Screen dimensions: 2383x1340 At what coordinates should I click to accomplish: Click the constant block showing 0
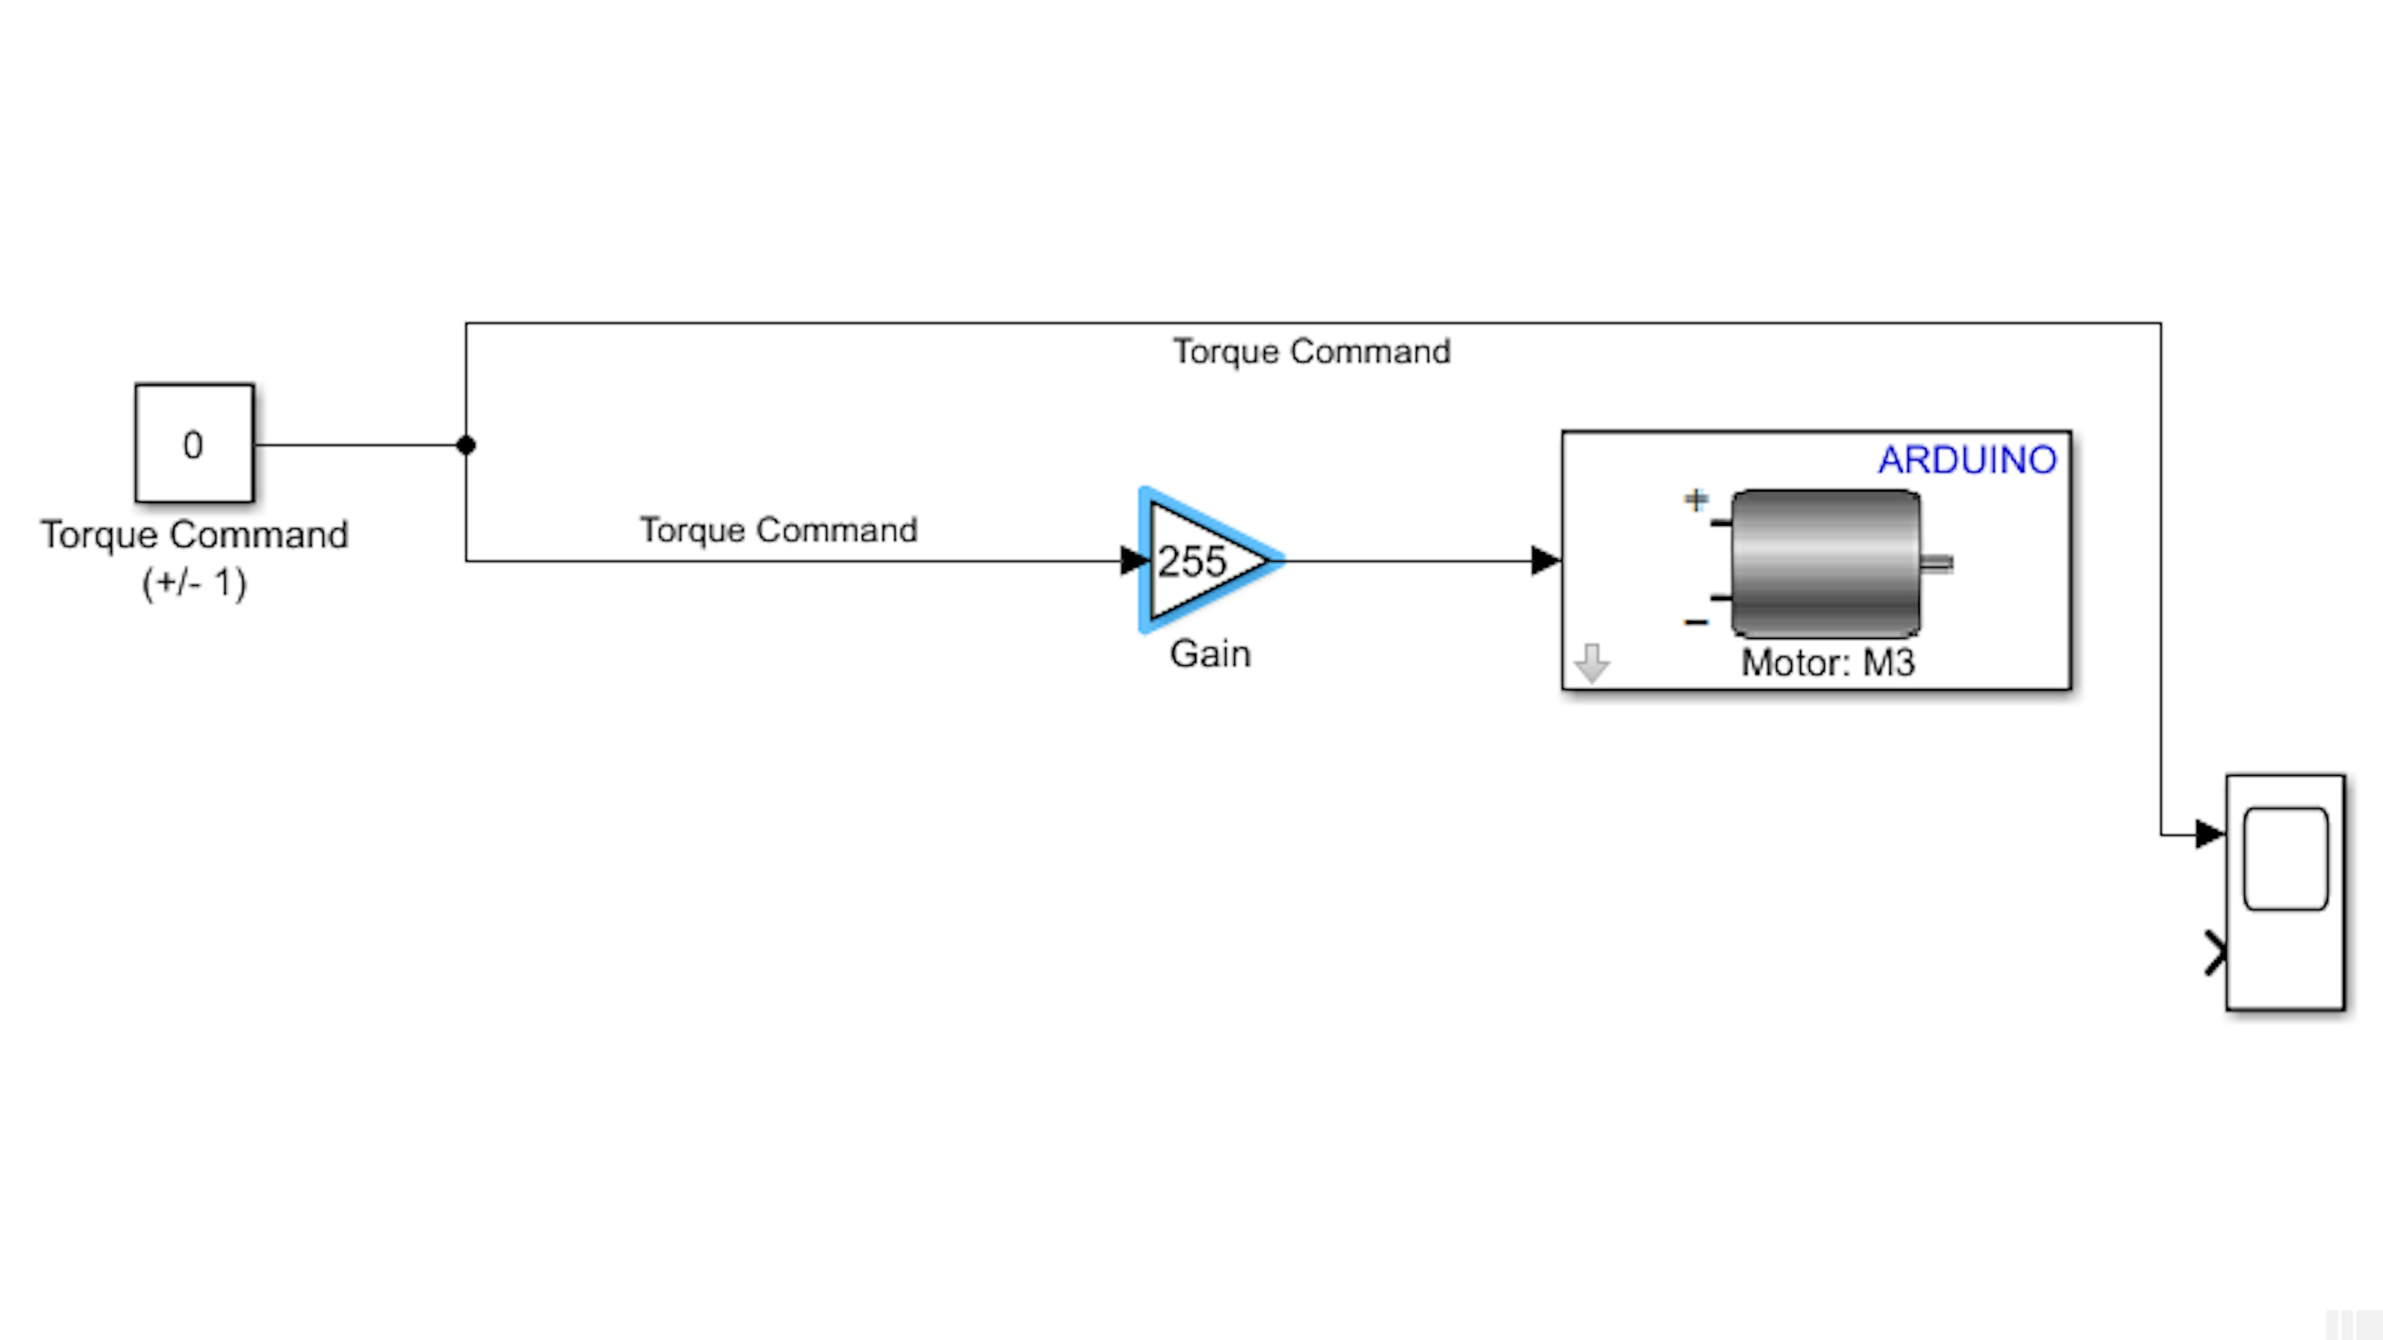[194, 444]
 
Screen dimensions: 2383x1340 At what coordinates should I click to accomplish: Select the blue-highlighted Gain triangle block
[1203, 560]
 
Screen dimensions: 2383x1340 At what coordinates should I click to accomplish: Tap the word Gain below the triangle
[1210, 654]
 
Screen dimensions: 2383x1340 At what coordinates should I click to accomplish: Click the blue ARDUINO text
[1967, 460]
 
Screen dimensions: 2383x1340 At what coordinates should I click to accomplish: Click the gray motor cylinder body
[1825, 563]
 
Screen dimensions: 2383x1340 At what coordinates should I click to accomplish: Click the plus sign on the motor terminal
[1696, 500]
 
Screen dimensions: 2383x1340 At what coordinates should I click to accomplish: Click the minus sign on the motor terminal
[1696, 623]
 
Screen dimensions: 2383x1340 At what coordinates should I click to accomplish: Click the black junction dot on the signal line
[466, 445]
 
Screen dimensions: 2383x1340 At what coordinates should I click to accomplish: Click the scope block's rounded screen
[2286, 859]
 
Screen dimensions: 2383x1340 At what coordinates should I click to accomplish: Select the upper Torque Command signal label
[1312, 351]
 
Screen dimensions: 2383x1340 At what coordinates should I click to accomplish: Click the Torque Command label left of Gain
[779, 530]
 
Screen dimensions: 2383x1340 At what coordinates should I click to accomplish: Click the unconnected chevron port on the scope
[2215, 953]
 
